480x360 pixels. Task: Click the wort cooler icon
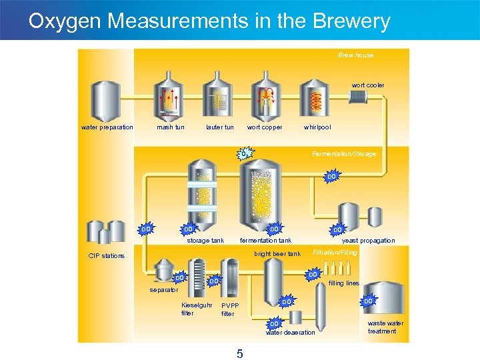coord(358,97)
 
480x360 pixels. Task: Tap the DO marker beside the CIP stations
coord(146,229)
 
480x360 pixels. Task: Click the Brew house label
coord(356,55)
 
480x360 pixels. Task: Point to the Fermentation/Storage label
coord(344,154)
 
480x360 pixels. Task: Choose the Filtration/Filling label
coord(335,253)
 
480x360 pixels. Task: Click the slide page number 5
coord(239,353)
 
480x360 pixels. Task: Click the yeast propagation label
coord(368,241)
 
